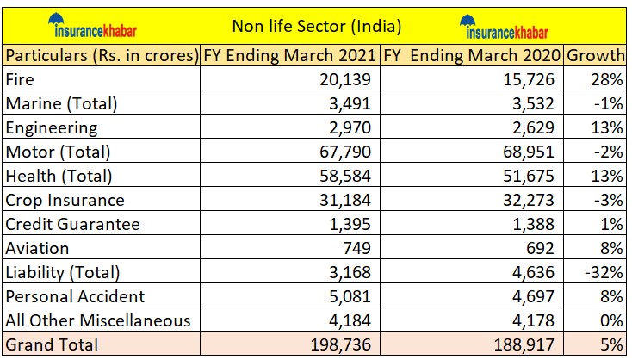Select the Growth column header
[595, 56]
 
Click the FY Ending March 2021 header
[289, 56]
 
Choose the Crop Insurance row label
[65, 201]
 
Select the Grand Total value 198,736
[341, 345]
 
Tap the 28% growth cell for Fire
[610, 80]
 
